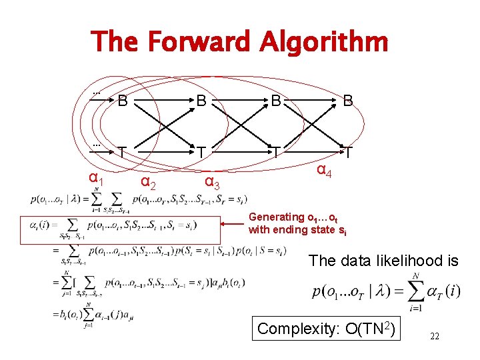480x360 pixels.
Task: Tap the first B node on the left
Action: (x=123, y=101)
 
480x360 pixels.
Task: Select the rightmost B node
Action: (x=348, y=101)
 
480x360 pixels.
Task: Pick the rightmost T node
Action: (x=348, y=153)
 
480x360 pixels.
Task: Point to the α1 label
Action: (x=96, y=179)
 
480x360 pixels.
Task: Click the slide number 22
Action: (x=434, y=337)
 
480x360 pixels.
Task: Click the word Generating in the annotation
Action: (x=276, y=217)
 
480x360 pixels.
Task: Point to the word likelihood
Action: (x=400, y=261)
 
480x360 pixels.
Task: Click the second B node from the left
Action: (x=201, y=101)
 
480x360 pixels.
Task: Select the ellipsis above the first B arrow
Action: (x=97, y=91)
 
